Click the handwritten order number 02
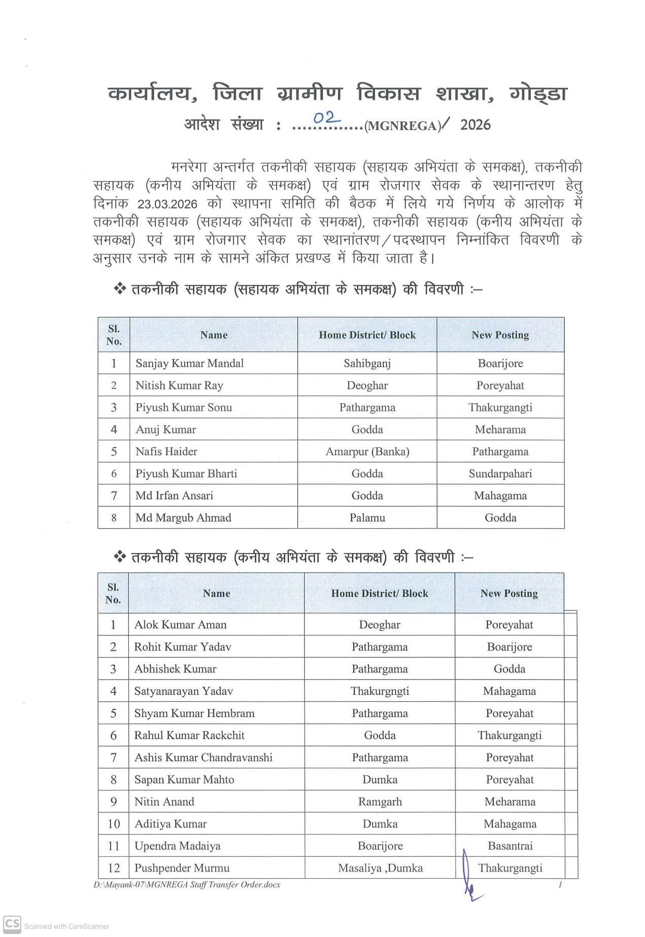click(326, 119)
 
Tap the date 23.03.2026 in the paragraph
click(167, 204)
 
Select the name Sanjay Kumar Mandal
click(189, 363)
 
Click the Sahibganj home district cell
click(367, 363)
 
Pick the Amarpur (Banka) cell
click(367, 451)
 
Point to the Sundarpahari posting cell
click(500, 474)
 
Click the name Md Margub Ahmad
click(183, 518)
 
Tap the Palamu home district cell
click(367, 518)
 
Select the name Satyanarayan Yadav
click(183, 691)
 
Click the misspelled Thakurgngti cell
click(380, 691)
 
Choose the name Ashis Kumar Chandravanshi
click(203, 758)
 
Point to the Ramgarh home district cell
click(380, 802)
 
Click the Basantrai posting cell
click(510, 846)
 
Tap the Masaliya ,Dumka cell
click(380, 868)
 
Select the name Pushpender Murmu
click(182, 868)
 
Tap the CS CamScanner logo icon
click(12, 924)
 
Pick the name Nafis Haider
click(166, 451)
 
